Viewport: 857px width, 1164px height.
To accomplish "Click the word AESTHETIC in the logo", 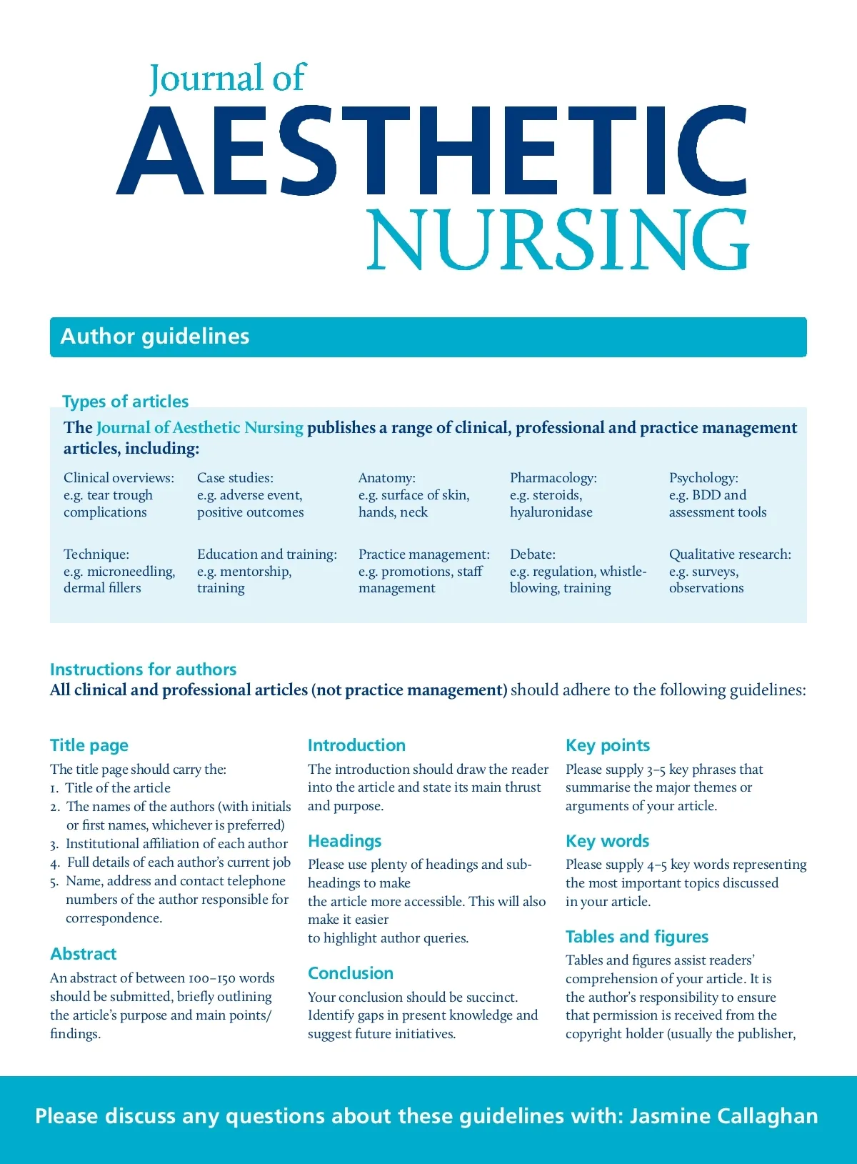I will point(432,151).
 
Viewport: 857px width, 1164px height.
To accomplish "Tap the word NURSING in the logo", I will point(558,240).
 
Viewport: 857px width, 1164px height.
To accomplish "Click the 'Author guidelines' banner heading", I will point(155,337).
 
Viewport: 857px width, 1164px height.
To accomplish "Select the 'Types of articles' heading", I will point(126,402).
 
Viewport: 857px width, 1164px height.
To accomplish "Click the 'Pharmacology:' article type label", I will point(553,477).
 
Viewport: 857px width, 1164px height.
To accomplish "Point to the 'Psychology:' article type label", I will point(703,477).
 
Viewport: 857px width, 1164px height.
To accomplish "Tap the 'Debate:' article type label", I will point(532,554).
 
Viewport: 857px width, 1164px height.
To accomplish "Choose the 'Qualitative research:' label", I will point(730,554).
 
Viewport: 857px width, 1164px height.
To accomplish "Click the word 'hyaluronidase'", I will point(551,512).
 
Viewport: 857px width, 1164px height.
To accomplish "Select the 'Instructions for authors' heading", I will point(143,670).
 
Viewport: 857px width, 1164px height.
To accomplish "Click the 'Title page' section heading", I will point(89,745).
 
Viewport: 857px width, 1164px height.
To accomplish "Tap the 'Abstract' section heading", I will point(83,954).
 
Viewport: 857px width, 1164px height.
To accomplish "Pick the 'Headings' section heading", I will point(344,841).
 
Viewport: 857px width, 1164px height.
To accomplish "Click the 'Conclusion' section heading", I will point(351,973).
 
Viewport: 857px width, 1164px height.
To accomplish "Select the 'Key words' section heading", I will point(607,841).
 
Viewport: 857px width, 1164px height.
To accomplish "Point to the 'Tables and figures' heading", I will point(637,937).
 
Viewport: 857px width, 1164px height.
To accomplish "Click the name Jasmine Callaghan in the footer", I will point(723,1116).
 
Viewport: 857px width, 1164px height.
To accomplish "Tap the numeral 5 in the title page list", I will point(54,882).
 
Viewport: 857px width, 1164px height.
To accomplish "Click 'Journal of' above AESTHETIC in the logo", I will point(227,79).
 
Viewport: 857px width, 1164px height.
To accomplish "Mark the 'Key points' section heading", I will point(608,745).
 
